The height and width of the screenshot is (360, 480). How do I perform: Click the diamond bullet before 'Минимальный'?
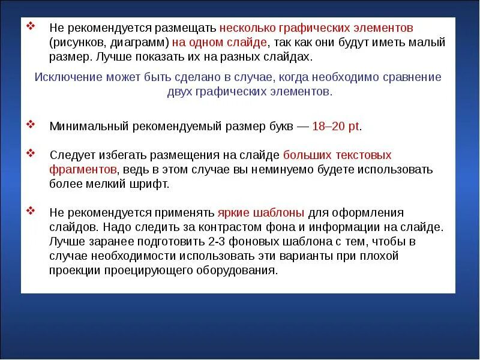(x=31, y=125)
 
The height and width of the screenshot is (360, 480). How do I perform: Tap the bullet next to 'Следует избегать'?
(x=31, y=154)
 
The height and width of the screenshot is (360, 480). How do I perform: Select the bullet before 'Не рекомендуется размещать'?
(x=31, y=27)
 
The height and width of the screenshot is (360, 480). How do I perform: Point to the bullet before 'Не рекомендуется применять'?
(x=31, y=212)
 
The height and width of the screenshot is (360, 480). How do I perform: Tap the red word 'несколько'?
(x=245, y=28)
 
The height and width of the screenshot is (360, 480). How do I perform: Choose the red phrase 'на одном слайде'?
(x=219, y=43)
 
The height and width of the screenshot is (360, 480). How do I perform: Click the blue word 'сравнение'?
(x=410, y=77)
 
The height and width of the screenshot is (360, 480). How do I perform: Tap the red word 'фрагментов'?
(x=83, y=170)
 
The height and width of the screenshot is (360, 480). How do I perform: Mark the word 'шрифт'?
(x=148, y=184)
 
